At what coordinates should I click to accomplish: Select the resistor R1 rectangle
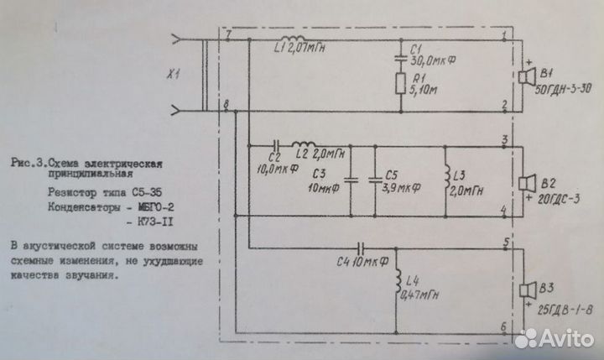coord(402,83)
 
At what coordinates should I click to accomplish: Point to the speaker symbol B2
coord(526,183)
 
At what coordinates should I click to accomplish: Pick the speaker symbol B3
coord(526,291)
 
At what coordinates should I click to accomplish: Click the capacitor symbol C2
coord(274,143)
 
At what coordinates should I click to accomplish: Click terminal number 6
coord(504,328)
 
